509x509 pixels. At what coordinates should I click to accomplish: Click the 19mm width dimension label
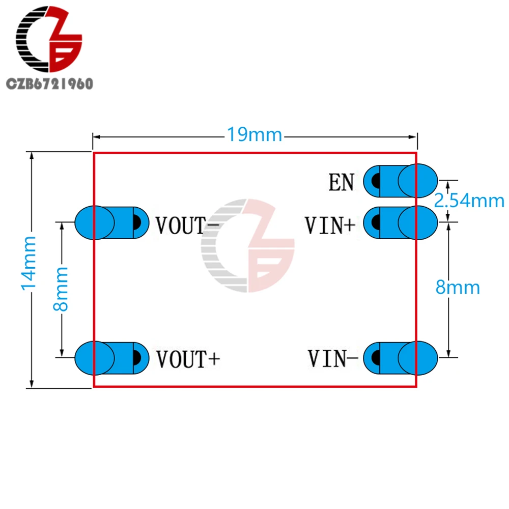(254, 135)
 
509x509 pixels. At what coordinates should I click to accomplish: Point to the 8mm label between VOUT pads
(61, 289)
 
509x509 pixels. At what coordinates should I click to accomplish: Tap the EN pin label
(342, 182)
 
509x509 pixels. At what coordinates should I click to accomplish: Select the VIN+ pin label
(330, 224)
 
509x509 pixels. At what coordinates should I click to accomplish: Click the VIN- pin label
(333, 358)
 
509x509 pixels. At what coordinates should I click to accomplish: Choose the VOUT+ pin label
(188, 359)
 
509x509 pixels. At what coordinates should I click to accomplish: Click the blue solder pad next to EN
(401, 181)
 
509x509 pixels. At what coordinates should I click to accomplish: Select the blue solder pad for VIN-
(401, 357)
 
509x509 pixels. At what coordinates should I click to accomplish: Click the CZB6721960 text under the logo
(49, 84)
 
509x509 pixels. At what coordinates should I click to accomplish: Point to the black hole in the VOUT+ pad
(137, 357)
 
